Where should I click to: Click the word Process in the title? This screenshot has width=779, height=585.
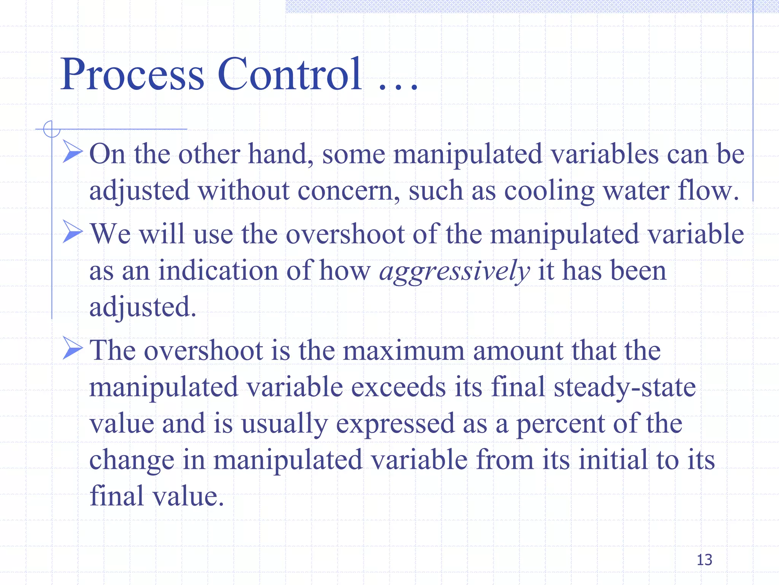(132, 74)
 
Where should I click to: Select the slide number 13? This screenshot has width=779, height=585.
(704, 560)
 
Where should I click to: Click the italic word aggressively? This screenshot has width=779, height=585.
(455, 271)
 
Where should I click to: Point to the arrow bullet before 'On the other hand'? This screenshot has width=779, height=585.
(72, 152)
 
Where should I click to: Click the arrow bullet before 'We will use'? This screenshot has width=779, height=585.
(72, 232)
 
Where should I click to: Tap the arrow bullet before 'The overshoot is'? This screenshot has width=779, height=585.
(72, 348)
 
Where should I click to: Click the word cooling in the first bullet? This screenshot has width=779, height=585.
(549, 191)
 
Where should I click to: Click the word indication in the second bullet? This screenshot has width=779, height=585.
(218, 270)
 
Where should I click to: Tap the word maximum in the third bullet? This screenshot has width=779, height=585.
(403, 351)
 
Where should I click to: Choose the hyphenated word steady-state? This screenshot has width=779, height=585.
(625, 387)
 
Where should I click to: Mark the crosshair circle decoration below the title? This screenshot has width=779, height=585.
(52, 129)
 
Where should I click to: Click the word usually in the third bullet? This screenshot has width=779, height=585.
(284, 424)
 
